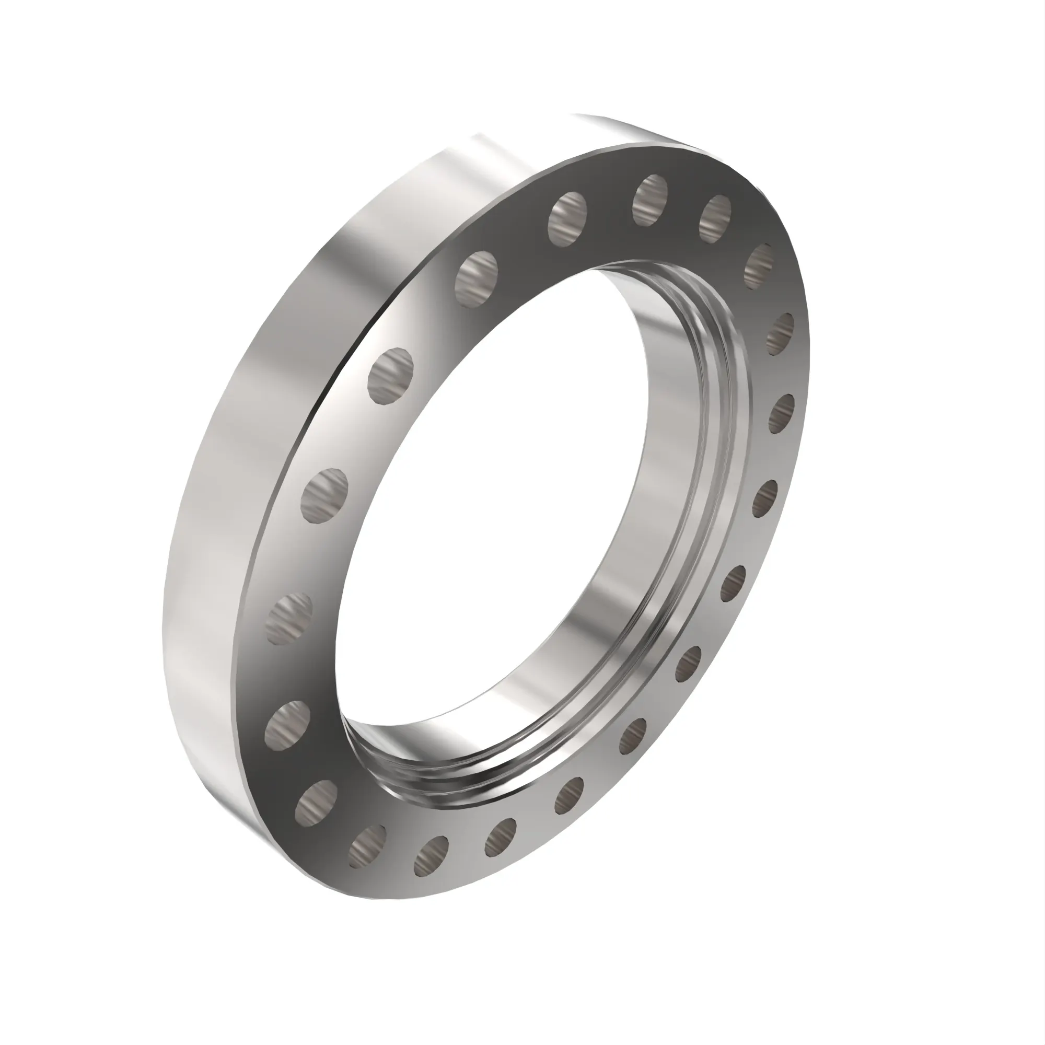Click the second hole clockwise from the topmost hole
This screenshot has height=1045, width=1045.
(760, 265)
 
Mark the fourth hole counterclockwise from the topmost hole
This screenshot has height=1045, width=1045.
(324, 496)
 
